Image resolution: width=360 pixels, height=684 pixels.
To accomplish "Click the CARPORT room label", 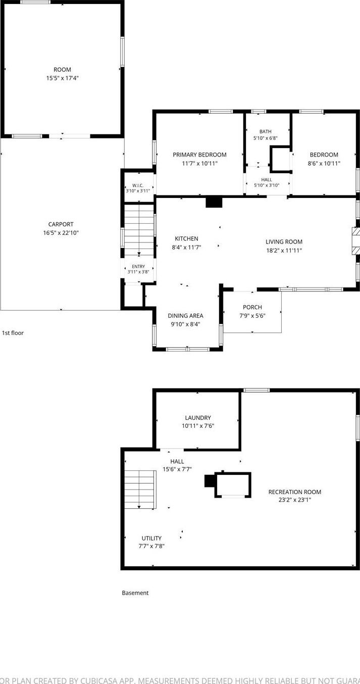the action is tap(61, 224).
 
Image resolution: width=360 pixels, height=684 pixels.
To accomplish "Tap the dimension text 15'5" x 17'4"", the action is tap(62, 78).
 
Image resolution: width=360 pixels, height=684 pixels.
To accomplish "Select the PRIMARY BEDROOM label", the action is tap(199, 155).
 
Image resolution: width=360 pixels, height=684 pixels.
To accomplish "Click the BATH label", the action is tap(266, 132).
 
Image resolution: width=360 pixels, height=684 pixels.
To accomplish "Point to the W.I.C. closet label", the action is tap(138, 186).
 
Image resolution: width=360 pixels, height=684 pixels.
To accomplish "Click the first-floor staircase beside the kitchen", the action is tap(139, 230).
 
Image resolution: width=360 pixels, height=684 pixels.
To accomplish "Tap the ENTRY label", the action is tap(138, 267).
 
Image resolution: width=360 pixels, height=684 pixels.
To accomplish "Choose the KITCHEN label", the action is tap(186, 239).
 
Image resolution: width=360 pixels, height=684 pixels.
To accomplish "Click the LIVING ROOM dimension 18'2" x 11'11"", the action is tap(284, 251).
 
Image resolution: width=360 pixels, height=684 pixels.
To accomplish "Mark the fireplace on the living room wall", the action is tap(356, 241).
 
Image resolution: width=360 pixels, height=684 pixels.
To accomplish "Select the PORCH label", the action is tap(252, 307).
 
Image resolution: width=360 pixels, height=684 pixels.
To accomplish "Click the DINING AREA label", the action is tap(185, 316).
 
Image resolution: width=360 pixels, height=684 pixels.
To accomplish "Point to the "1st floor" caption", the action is tap(13, 333).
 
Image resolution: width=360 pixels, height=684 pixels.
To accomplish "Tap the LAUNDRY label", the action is tap(198, 418).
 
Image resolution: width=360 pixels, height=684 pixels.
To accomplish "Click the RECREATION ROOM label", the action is tap(295, 492).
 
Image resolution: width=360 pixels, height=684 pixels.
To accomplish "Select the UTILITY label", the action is tap(151, 539).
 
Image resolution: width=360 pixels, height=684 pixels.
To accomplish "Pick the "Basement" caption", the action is tap(135, 593).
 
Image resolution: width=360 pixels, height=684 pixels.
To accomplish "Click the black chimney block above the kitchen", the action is tap(214, 203).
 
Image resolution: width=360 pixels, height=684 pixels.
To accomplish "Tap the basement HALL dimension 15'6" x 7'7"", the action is tap(177, 469).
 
